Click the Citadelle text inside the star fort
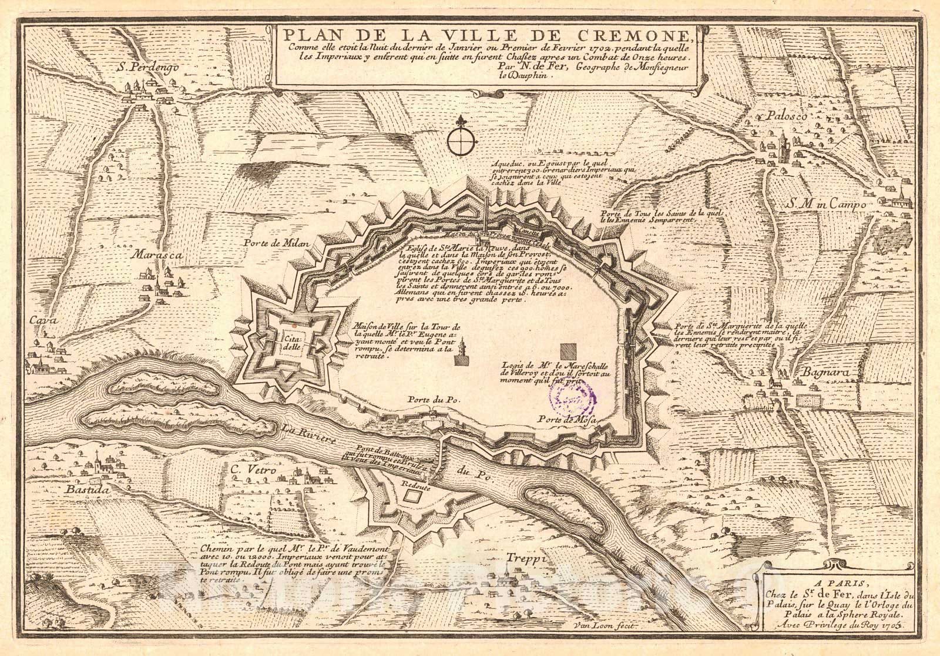tap(291, 343)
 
